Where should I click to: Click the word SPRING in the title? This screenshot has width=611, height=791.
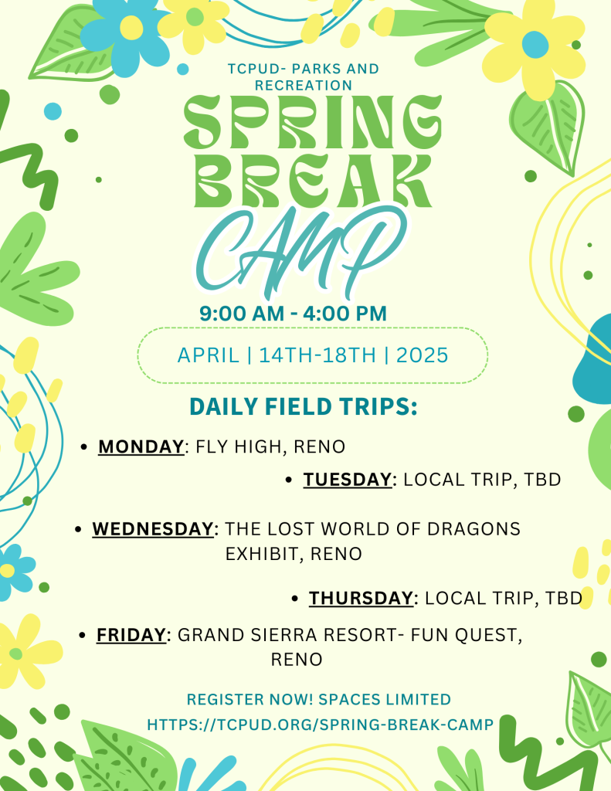point(313,121)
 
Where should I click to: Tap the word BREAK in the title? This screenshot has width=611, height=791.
point(314,181)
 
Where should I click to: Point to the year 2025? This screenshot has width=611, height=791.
point(423,355)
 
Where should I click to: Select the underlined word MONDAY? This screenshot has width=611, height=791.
point(141,447)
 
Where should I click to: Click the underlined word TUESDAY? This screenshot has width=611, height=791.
point(347,480)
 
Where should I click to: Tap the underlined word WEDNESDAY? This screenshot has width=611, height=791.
point(153,528)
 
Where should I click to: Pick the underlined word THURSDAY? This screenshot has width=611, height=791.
point(362,599)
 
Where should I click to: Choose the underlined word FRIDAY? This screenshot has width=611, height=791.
point(131,635)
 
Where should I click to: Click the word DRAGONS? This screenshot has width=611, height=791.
point(474,528)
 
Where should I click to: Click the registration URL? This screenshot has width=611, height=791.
point(320,725)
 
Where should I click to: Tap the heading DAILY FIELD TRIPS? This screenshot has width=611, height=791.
point(304,406)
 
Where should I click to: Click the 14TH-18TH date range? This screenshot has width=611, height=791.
point(317,355)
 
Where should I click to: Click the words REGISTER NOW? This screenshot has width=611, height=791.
point(250,700)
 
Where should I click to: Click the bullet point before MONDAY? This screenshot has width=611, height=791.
point(84,447)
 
